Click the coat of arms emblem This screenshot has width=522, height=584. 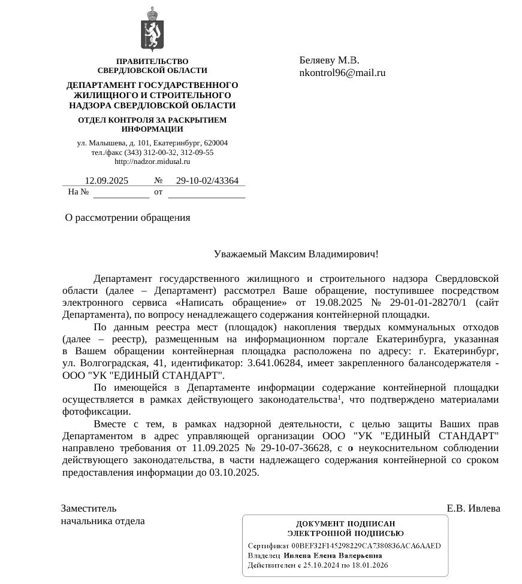click(152, 29)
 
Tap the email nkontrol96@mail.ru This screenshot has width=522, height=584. click(342, 73)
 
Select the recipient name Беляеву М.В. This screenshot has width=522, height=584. click(329, 60)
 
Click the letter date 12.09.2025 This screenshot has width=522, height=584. click(107, 181)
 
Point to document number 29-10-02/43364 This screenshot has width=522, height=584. click(207, 181)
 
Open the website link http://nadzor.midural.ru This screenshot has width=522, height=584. click(152, 161)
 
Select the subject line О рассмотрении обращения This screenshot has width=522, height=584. click(128, 218)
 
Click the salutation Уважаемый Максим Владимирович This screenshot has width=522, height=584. click(296, 254)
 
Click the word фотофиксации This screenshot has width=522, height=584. click(96, 412)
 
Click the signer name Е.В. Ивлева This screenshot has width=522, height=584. click(473, 509)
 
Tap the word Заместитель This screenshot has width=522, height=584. click(89, 509)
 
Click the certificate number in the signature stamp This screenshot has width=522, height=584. click(366, 546)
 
